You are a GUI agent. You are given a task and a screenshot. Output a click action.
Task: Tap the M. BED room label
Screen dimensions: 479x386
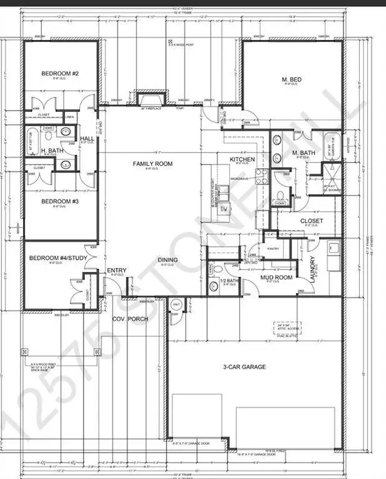tap(292, 79)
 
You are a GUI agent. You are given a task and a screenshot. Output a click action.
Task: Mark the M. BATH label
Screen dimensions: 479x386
tap(302, 152)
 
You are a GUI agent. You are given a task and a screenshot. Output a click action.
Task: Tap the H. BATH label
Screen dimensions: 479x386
tap(51, 151)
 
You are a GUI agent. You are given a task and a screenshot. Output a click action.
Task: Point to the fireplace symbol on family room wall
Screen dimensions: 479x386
tap(150, 100)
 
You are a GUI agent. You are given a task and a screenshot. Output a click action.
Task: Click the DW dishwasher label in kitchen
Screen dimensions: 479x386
tap(225, 210)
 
